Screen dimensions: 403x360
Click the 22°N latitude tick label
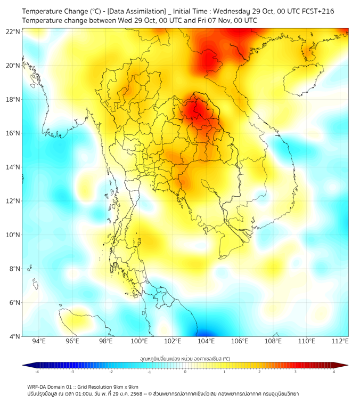[x=13, y=31]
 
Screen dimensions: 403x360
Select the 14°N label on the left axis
[x=13, y=167]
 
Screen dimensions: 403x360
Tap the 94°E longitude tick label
[x=39, y=341]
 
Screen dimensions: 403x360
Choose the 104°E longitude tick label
[x=206, y=341]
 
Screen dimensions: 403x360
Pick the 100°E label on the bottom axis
[x=139, y=341]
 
